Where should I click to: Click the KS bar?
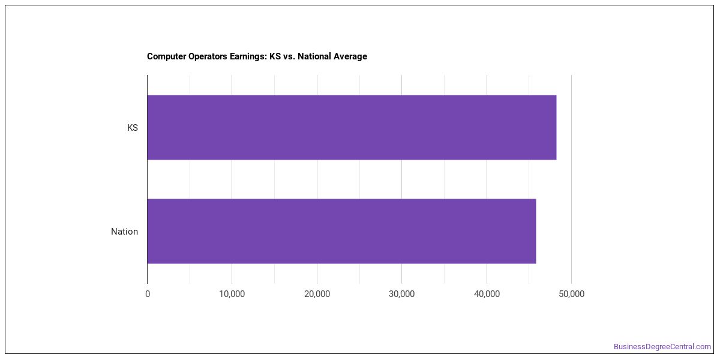352,127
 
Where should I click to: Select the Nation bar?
341,231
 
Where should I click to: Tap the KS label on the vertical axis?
133,128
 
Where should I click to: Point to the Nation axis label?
124,232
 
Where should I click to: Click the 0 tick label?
148,294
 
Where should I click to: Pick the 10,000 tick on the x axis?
232,294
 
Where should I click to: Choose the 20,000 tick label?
317,294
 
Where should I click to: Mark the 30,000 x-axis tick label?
402,294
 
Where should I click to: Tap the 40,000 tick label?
487,294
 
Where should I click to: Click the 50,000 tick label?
571,294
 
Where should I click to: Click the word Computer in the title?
167,56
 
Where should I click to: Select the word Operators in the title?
208,56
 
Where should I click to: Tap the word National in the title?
314,56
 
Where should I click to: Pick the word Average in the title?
350,56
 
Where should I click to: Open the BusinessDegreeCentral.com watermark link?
662,347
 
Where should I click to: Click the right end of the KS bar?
556,127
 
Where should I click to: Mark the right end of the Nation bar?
536,231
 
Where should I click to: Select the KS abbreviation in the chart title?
275,56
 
